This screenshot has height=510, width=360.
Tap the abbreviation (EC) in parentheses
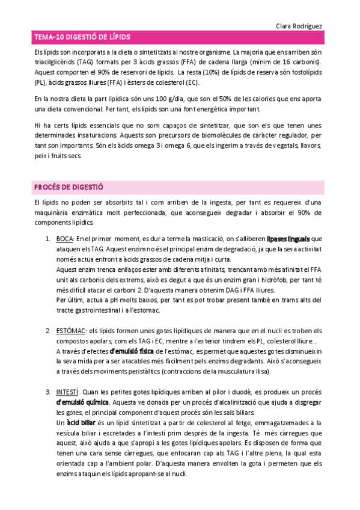point(192,82)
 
